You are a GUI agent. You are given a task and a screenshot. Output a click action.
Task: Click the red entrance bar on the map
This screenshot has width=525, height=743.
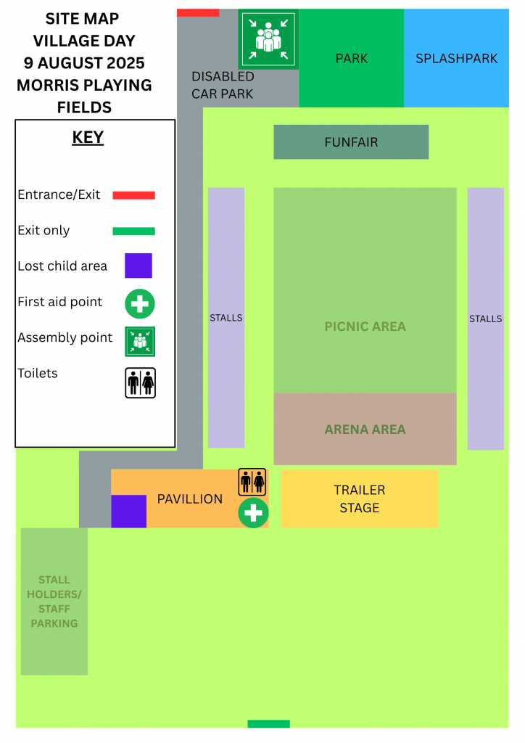pyautogui.click(x=198, y=13)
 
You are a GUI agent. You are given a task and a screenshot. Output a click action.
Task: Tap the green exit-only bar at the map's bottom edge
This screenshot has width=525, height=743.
pyautogui.click(x=268, y=723)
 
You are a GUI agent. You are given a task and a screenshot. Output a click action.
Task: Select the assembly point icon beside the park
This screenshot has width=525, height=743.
pyautogui.click(x=268, y=39)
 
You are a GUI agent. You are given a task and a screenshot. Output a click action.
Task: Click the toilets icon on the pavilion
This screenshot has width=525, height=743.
pyautogui.click(x=252, y=482)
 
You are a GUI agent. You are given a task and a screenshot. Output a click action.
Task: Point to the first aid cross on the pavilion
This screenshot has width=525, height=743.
pyautogui.click(x=253, y=513)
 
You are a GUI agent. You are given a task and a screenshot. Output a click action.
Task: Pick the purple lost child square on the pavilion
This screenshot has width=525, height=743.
pyautogui.click(x=129, y=512)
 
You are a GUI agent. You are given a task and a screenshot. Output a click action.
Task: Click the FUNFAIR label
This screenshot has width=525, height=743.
pyautogui.click(x=351, y=142)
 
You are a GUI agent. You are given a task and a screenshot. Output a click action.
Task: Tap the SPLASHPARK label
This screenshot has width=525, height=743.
pyautogui.click(x=456, y=58)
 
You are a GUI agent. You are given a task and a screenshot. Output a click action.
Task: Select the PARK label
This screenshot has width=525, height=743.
pyautogui.click(x=352, y=58)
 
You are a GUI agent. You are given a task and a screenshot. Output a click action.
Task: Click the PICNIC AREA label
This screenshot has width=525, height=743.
pyautogui.click(x=365, y=327)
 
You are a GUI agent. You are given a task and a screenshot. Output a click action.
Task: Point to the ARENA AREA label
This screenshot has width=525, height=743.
pyautogui.click(x=365, y=430)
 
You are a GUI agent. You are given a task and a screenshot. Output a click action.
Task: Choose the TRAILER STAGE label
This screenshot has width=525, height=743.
pyautogui.click(x=360, y=499)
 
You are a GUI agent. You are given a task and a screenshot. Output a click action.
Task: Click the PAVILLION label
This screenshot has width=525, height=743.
pyautogui.click(x=190, y=499)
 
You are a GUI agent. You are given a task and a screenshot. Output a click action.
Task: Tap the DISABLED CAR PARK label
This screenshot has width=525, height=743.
pyautogui.click(x=223, y=86)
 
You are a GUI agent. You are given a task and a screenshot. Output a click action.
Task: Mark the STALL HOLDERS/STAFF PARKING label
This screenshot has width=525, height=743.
pyautogui.click(x=54, y=602)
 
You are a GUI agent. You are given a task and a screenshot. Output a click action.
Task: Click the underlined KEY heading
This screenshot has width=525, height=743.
pyautogui.click(x=88, y=137)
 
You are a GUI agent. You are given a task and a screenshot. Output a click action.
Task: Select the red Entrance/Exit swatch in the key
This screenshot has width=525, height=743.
pyautogui.click(x=133, y=195)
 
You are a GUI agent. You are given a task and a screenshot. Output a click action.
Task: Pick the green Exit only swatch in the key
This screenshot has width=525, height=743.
pyautogui.click(x=133, y=231)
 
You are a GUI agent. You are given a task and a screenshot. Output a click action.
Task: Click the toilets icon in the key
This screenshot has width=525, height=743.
pyautogui.click(x=140, y=383)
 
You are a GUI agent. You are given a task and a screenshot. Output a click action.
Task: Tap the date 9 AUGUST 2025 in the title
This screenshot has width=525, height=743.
pyautogui.click(x=84, y=63)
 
